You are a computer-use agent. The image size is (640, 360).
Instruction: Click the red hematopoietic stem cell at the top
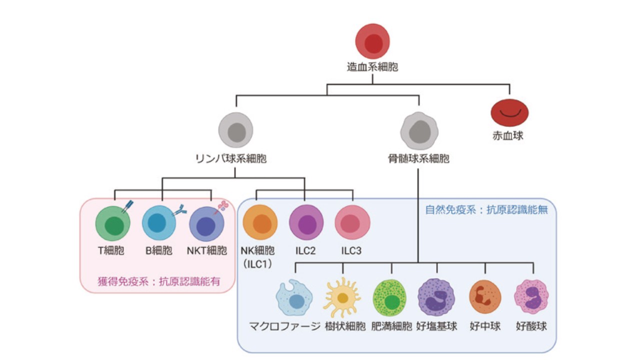click(x=372, y=42)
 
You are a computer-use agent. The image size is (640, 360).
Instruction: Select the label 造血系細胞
click(x=372, y=66)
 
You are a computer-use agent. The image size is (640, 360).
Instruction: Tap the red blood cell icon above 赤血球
click(x=509, y=112)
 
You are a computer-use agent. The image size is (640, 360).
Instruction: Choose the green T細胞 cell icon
click(x=113, y=224)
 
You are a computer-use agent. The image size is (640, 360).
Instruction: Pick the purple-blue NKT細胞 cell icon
click(x=206, y=224)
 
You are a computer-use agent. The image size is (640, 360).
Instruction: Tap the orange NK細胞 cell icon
click(x=260, y=223)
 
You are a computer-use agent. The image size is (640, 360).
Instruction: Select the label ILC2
click(x=304, y=250)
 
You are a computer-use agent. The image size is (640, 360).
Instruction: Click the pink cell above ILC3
click(x=352, y=223)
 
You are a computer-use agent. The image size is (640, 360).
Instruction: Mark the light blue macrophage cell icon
click(x=294, y=298)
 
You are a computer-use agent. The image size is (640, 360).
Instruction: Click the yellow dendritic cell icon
click(x=342, y=297)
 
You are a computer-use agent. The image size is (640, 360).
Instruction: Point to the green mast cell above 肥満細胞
click(x=390, y=298)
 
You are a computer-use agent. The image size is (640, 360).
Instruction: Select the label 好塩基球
click(x=436, y=327)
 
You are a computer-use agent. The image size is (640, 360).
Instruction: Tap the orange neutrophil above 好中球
click(x=484, y=297)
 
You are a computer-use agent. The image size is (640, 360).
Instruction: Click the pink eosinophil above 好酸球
click(x=531, y=297)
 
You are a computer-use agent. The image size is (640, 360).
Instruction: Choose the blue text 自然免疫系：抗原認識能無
click(x=486, y=210)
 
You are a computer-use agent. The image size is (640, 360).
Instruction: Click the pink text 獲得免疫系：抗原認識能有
click(x=158, y=282)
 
